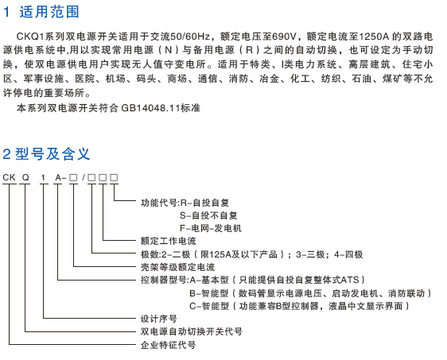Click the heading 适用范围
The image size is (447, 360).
point(49,12)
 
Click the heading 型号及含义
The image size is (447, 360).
point(52,154)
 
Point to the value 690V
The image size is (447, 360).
point(284,37)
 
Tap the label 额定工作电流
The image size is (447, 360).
point(168,241)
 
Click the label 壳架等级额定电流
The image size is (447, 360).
point(177,267)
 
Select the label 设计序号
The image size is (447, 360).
point(159,319)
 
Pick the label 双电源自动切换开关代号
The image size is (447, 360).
point(191,331)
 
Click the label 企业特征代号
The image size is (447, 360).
point(168,345)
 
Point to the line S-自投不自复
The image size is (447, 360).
point(208,215)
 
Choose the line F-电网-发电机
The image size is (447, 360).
point(211,228)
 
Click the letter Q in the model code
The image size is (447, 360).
point(25,177)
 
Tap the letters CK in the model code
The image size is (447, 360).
point(9,177)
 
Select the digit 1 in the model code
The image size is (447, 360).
point(43,177)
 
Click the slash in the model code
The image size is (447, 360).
point(84,177)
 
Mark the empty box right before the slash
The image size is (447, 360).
point(73,178)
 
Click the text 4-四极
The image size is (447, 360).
point(348,254)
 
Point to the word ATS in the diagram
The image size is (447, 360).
point(350,280)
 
